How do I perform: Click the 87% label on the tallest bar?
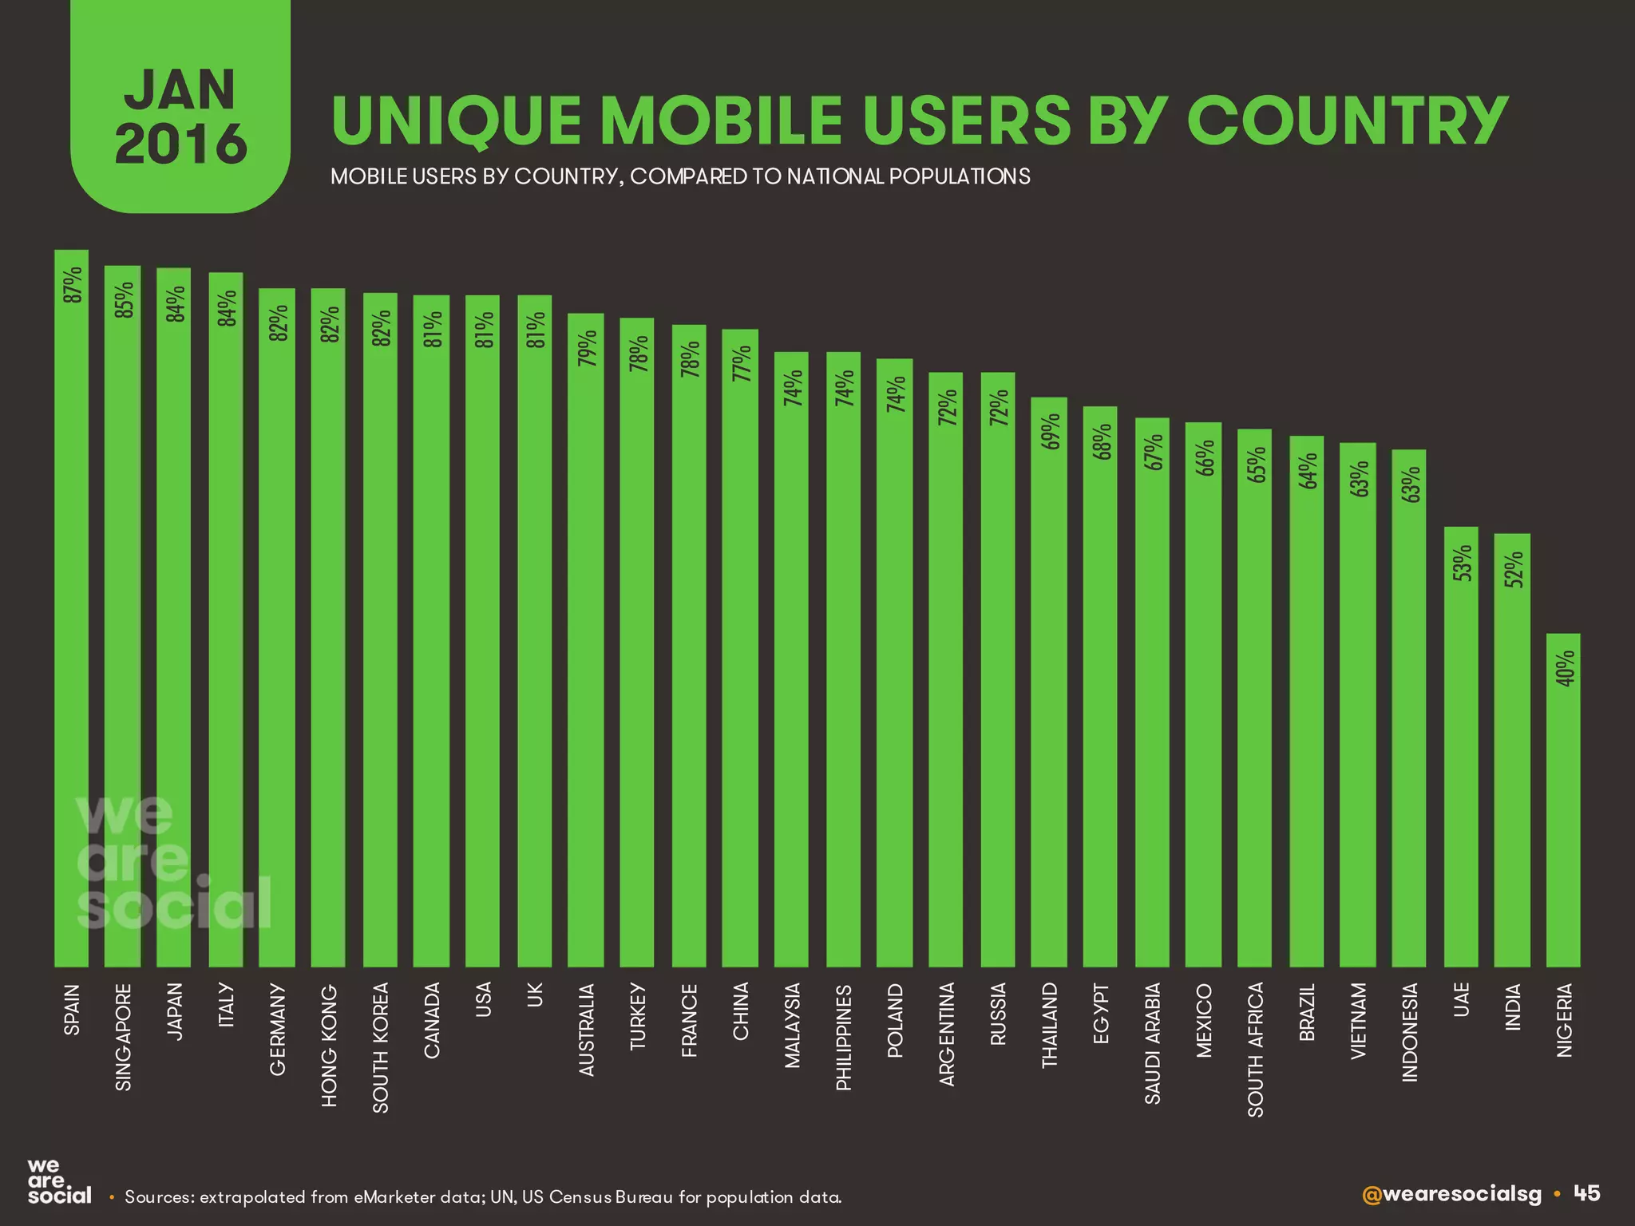tap(73, 285)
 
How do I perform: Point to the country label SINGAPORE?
tap(123, 1037)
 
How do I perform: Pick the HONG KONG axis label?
tap(329, 1046)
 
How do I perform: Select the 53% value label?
tap(1462, 563)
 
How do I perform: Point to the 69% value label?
tap(1051, 432)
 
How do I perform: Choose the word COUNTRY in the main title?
tap(1348, 121)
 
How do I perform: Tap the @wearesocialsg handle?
tap(1451, 1194)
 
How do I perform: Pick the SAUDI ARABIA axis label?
tap(1152, 1043)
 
